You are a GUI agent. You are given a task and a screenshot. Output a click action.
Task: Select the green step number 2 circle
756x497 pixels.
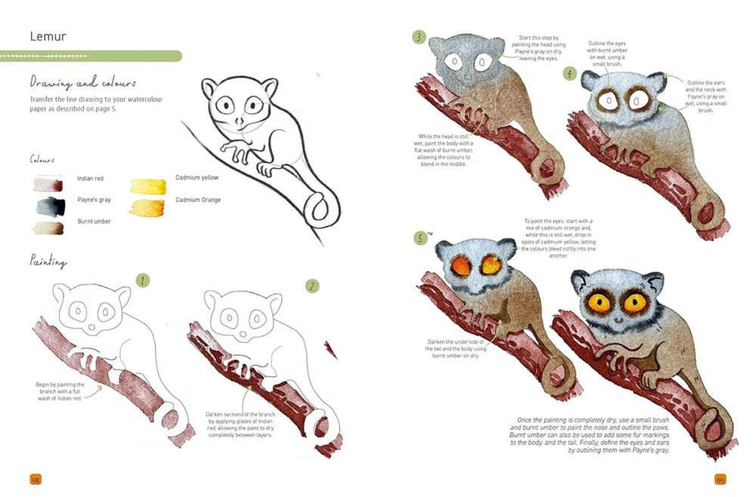click(311, 286)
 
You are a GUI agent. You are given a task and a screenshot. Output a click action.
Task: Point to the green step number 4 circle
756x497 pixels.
click(569, 73)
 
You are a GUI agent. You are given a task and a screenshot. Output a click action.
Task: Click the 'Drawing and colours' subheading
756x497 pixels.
click(83, 82)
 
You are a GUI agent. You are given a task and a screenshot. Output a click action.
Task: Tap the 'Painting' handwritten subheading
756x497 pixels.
click(49, 261)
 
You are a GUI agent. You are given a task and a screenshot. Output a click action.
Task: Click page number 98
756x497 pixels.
click(35, 480)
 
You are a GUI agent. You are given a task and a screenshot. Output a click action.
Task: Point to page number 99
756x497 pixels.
click(720, 480)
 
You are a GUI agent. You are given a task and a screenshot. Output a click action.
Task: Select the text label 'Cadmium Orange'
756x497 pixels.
click(202, 200)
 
